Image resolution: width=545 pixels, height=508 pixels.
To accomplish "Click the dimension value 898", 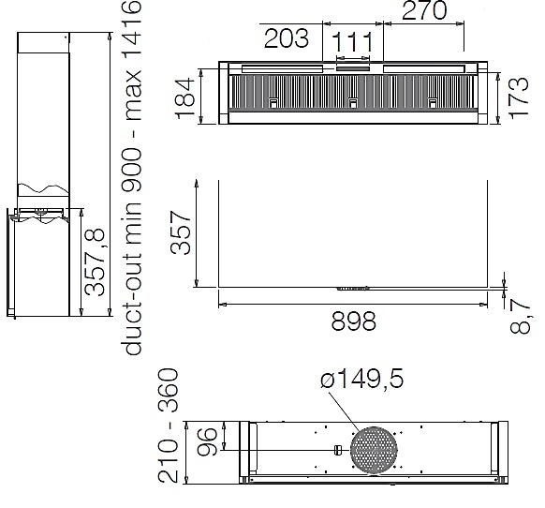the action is click(353, 321).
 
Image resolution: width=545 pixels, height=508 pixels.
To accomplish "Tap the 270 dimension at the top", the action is click(424, 10).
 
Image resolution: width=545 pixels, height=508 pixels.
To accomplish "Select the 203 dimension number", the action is click(286, 37).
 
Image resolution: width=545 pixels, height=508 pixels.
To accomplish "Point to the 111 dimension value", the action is click(353, 42).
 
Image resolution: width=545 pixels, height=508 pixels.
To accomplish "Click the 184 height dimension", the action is click(185, 98).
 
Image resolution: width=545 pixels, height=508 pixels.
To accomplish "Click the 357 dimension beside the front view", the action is click(181, 232).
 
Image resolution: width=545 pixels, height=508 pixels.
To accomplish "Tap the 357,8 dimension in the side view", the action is click(95, 261).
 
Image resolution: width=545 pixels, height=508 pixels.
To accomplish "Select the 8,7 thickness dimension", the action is click(520, 316).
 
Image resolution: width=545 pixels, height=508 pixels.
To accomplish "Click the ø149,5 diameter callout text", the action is click(362, 379).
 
